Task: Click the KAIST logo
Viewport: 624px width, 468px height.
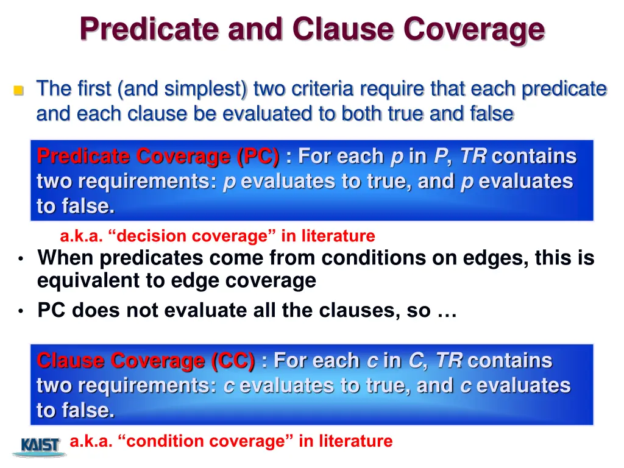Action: click(x=40, y=446)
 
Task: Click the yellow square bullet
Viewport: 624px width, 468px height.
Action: click(x=18, y=91)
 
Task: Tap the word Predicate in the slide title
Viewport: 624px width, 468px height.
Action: click(x=144, y=29)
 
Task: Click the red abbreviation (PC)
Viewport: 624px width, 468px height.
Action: click(x=258, y=157)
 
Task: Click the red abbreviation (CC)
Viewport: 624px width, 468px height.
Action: click(x=233, y=361)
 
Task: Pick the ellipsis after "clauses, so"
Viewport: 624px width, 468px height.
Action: click(x=447, y=311)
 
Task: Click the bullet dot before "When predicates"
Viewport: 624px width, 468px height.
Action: click(x=20, y=259)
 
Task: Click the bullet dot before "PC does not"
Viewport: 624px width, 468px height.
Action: click(x=20, y=311)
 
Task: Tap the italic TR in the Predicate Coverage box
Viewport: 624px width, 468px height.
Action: click(x=473, y=157)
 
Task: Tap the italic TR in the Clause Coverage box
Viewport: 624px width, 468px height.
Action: click(x=448, y=361)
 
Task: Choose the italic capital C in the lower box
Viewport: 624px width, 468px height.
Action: click(x=415, y=361)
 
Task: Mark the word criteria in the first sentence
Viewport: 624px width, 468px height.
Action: click(x=317, y=89)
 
